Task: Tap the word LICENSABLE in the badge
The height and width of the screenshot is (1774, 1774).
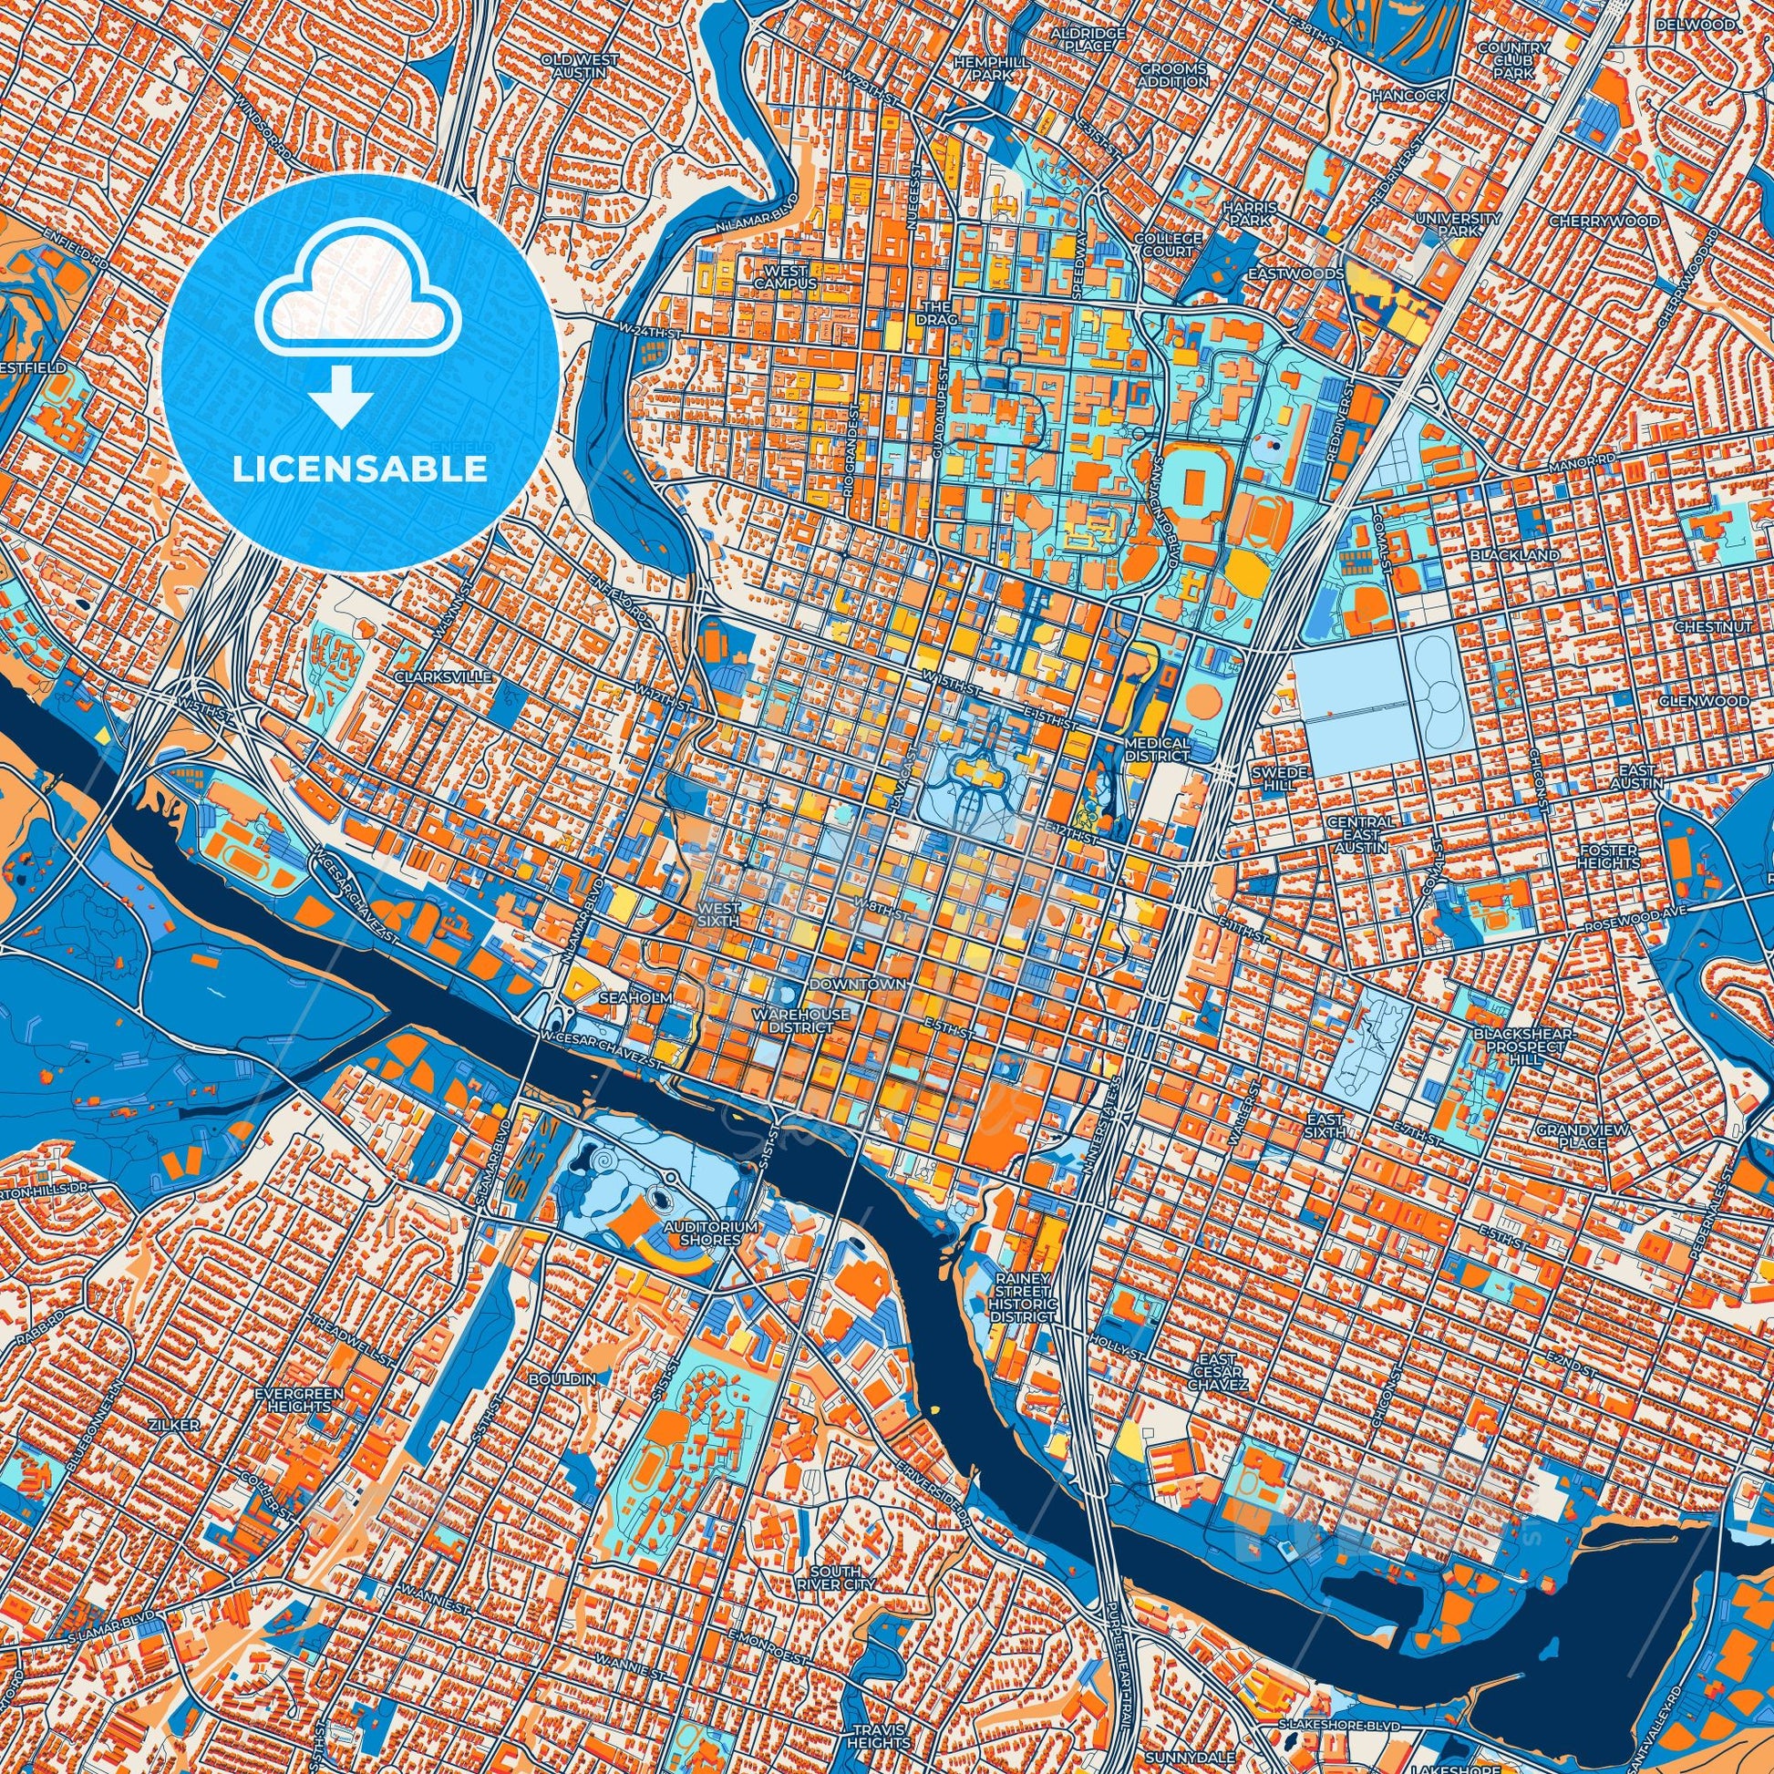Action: pyautogui.click(x=360, y=469)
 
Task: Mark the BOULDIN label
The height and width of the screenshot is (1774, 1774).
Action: pyautogui.click(x=562, y=1405)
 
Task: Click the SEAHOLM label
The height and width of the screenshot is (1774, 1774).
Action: pyautogui.click(x=624, y=996)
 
